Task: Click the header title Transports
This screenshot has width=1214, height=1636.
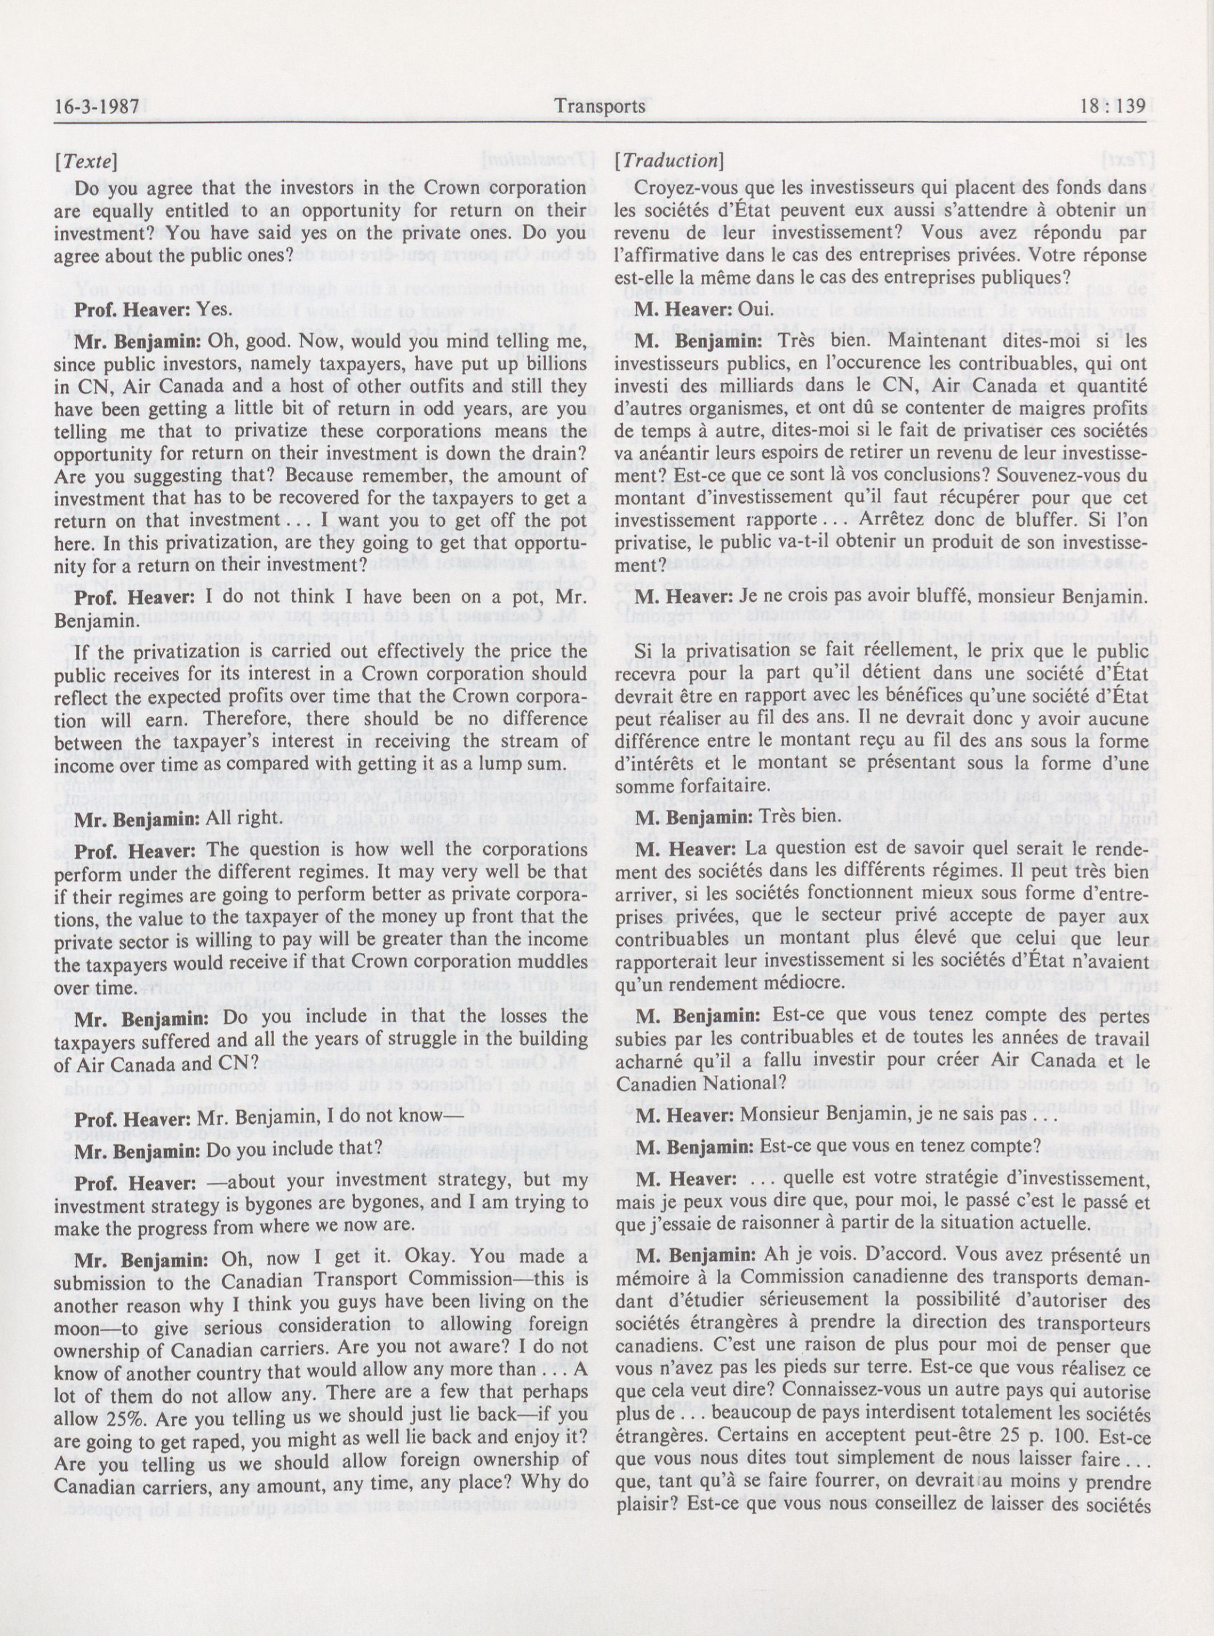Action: point(601,107)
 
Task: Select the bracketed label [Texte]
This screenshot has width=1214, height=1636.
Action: point(85,160)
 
